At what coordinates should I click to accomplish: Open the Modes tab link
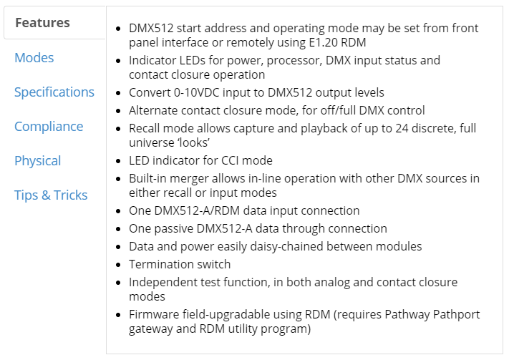tap(34, 58)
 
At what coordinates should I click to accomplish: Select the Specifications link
tap(54, 92)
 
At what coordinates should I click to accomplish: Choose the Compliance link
tap(49, 127)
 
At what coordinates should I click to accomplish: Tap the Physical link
tap(38, 161)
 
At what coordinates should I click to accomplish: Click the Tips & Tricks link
tap(51, 195)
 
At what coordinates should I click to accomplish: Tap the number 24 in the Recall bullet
tap(402, 129)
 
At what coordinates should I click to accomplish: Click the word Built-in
tap(147, 178)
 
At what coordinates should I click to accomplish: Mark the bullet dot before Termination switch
tap(118, 265)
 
